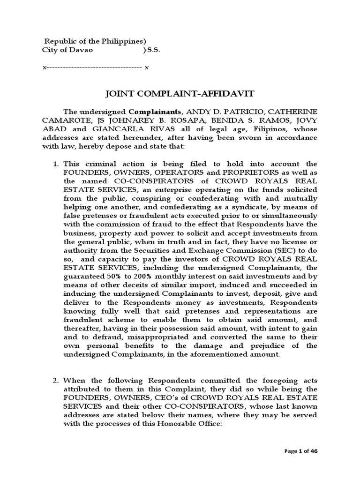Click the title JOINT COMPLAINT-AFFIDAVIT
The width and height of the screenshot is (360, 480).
(180, 94)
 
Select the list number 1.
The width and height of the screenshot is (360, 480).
(54, 164)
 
